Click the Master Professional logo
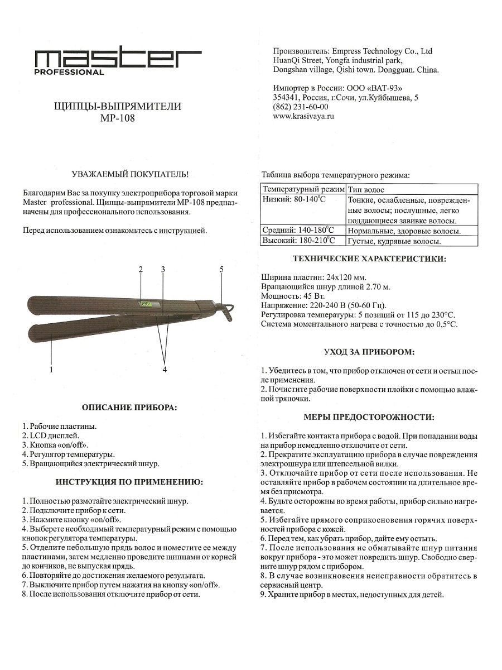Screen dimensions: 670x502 point(118,60)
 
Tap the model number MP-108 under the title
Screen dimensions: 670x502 point(118,118)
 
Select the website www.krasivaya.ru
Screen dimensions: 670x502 point(303,117)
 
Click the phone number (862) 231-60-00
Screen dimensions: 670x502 point(301,107)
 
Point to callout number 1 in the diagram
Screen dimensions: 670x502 point(51,369)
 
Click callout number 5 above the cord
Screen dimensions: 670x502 point(221,270)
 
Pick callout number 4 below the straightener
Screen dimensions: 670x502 point(165,369)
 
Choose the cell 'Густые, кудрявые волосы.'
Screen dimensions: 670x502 point(394,241)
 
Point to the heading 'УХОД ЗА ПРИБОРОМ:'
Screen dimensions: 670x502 point(369,352)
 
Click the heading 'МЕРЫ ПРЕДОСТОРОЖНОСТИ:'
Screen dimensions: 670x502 point(369,417)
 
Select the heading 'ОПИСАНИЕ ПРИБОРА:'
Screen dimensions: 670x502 point(129,408)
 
